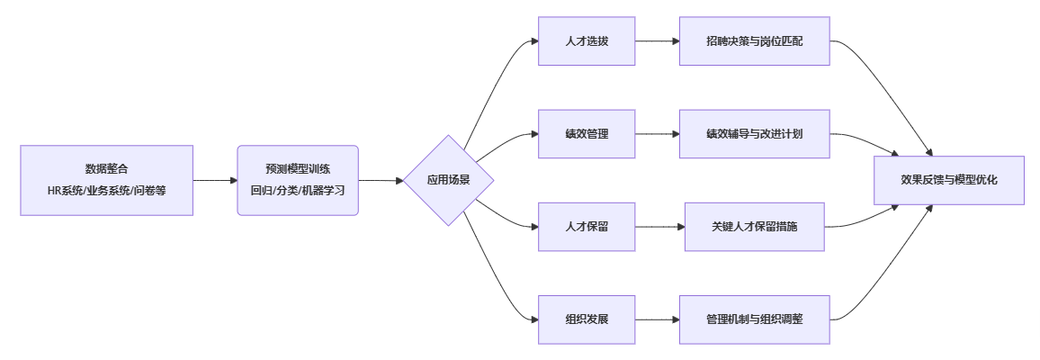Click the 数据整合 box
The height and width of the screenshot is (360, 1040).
click(106, 169)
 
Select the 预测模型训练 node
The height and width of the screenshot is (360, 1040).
click(298, 169)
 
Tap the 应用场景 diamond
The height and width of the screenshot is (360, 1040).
click(448, 180)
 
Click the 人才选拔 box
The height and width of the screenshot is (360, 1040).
click(587, 41)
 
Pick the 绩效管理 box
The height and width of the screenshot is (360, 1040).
click(587, 134)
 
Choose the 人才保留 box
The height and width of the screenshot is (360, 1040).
click(587, 227)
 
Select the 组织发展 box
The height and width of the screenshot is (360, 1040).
click(587, 319)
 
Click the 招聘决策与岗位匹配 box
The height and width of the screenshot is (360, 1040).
click(754, 41)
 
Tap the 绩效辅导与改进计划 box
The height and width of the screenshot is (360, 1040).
click(754, 134)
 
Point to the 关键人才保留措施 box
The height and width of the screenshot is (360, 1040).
click(754, 227)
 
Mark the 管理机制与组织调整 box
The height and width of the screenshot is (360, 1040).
click(754, 319)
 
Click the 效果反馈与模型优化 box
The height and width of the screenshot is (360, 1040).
click(949, 180)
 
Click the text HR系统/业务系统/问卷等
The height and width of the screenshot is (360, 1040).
click(106, 191)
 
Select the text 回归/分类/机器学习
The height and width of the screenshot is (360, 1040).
click(298, 191)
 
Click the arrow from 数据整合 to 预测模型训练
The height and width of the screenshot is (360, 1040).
click(215, 180)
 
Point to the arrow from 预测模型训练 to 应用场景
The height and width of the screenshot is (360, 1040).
click(380, 180)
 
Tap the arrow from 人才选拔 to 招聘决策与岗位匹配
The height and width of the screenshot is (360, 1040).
click(657, 41)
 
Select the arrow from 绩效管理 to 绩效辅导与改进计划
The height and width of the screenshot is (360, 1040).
click(657, 134)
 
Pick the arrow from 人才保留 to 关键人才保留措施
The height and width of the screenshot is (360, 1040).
click(659, 227)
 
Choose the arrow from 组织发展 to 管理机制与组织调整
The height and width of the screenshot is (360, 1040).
click(657, 319)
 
